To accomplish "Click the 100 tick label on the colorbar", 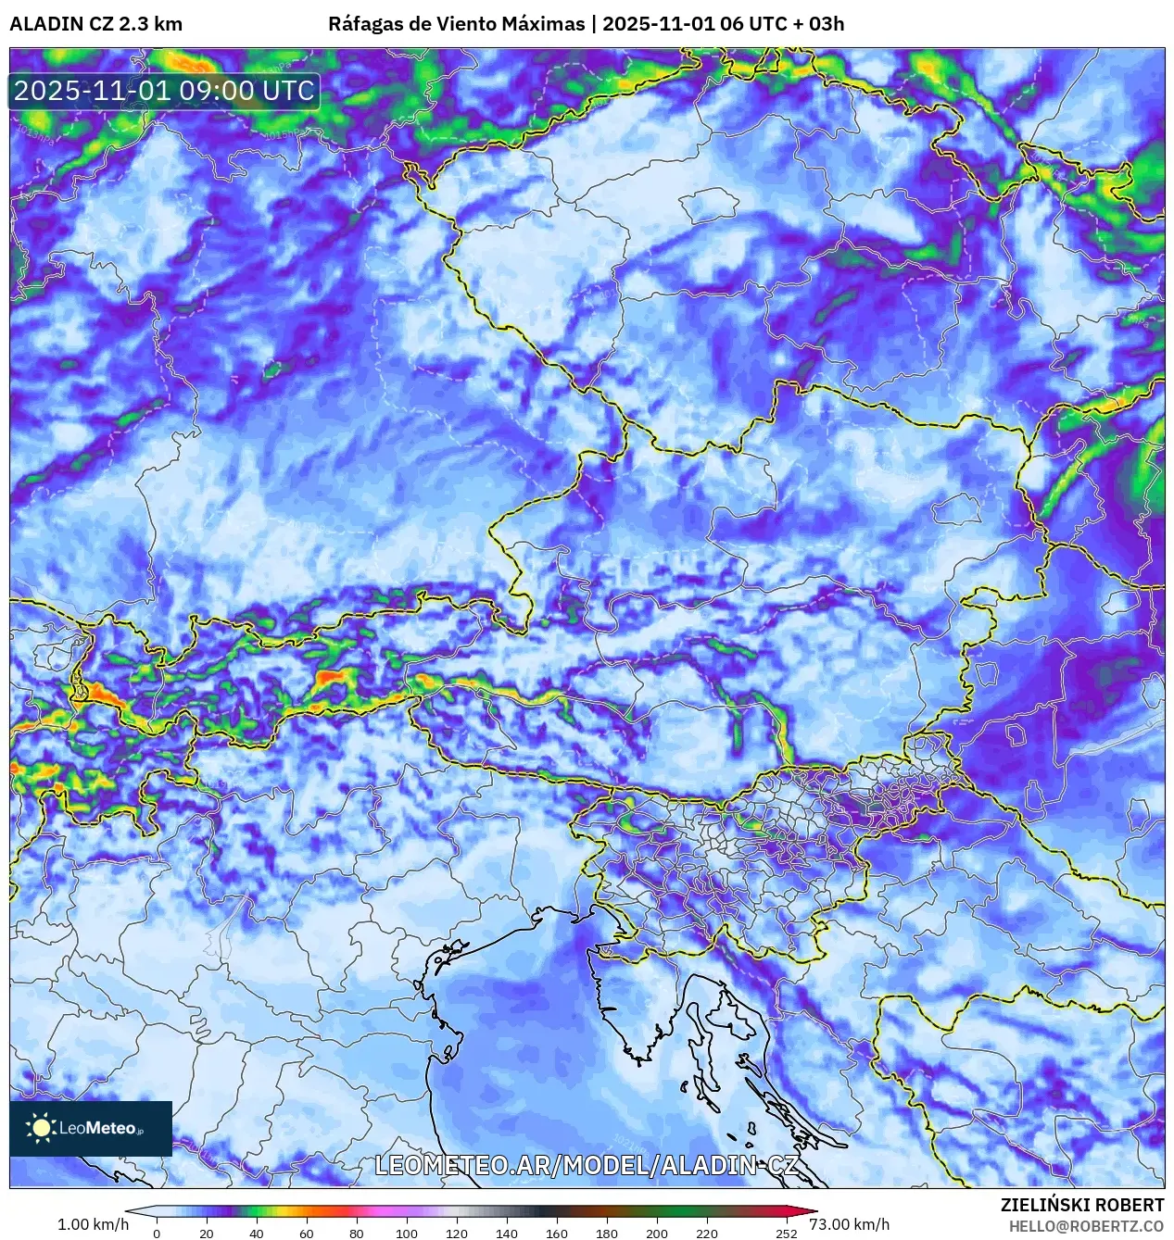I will pos(406,1233).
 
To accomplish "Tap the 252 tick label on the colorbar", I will pos(786,1233).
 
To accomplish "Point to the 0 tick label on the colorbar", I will pos(156,1233).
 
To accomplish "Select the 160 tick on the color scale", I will pos(556,1233).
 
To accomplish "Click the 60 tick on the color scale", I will pos(306,1233).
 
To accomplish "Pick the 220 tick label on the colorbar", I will pos(706,1233).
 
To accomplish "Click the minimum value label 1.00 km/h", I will pos(93,1224).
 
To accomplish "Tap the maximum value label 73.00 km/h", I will pos(849,1224).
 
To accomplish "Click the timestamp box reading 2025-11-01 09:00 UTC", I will pos(164,91).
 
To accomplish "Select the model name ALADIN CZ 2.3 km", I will pos(95,24).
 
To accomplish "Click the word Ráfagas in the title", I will pos(365,24).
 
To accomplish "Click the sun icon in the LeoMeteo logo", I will pos(42,1127).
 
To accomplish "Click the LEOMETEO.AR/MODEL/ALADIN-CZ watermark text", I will pos(586,1165).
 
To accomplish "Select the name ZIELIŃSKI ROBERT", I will pos(1081,1205).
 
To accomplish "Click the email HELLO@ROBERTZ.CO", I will pos(1086,1225).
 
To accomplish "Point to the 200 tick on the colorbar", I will pos(656,1233).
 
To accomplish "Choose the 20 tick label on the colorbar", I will pos(206,1233).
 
